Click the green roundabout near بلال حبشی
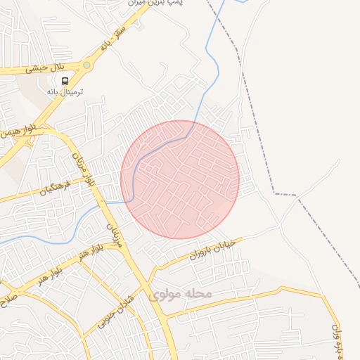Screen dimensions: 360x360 (x=86, y=65)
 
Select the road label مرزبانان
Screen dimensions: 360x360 (x=114, y=235)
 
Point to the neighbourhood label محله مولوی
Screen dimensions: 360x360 (x=176, y=293)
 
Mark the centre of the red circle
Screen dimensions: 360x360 (x=180, y=179)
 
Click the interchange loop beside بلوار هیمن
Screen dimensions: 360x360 (x=15, y=141)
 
